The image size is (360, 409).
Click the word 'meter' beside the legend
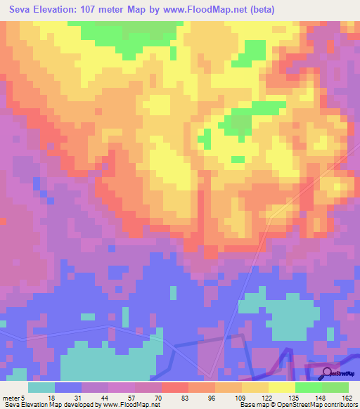(x=10, y=397)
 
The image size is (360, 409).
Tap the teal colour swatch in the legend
(x=41, y=387)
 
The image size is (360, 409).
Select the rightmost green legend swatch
(x=336, y=387)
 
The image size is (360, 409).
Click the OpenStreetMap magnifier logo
(x=328, y=373)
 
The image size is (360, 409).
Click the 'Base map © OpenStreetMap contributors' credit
(x=297, y=405)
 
